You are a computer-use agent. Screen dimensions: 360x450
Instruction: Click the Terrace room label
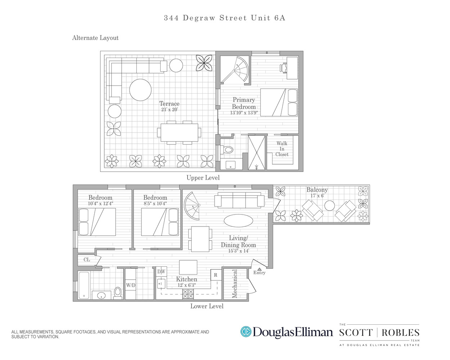(x=169, y=104)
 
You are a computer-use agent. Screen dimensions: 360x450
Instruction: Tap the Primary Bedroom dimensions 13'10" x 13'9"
(x=244, y=113)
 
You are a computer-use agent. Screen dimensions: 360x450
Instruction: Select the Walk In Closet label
(x=282, y=149)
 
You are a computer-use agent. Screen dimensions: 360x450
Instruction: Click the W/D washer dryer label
(x=131, y=285)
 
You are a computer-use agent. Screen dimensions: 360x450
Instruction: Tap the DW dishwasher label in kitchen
(x=161, y=272)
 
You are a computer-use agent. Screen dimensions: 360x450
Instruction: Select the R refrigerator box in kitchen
(x=216, y=275)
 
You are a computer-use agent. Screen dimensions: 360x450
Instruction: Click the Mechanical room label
(x=235, y=284)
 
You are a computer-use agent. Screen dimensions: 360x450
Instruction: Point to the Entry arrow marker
(x=260, y=269)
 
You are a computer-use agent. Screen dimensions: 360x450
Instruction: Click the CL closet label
(x=87, y=260)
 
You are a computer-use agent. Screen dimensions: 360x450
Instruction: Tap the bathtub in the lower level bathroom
(x=84, y=285)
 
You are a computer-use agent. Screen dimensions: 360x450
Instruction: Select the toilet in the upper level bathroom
(x=228, y=149)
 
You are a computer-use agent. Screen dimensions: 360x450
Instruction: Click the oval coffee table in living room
(x=238, y=221)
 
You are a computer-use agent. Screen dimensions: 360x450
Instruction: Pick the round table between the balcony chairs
(x=329, y=206)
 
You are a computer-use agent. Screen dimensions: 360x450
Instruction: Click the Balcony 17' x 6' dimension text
(x=317, y=196)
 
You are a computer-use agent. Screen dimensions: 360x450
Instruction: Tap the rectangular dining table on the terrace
(x=179, y=132)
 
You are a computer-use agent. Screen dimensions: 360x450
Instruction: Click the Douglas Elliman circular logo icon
(x=246, y=332)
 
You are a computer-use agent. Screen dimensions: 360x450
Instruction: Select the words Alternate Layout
(x=95, y=38)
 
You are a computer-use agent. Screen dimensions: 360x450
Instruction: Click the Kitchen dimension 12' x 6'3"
(x=186, y=285)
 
